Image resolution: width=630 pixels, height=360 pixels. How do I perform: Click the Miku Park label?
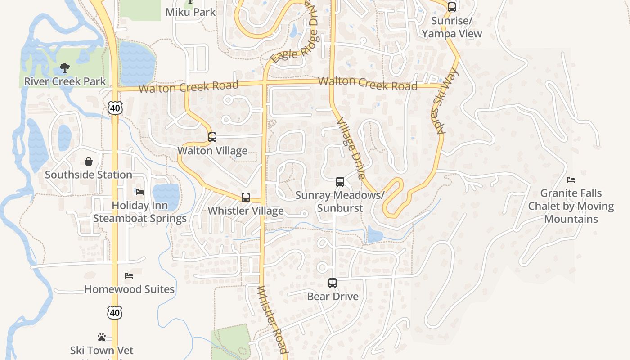pos(191,12)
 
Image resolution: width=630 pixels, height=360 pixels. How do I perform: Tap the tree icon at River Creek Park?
pos(65,68)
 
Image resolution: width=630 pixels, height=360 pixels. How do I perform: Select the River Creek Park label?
pos(65,81)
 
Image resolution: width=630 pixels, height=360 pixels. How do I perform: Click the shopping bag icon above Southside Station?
pos(89,162)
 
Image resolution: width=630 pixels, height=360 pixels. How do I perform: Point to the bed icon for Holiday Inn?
pos(140,192)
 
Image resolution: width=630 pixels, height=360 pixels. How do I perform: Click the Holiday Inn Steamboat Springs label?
pos(140,212)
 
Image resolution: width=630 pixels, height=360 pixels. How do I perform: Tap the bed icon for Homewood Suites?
pos(129,276)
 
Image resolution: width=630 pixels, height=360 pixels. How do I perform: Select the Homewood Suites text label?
pos(130,289)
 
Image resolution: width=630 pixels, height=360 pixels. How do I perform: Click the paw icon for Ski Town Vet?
pos(102,337)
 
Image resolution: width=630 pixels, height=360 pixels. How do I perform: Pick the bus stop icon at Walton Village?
pos(212,137)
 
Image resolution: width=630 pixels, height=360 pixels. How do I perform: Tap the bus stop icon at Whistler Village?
pos(246,198)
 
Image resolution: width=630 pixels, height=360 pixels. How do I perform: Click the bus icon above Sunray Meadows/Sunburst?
pos(340,182)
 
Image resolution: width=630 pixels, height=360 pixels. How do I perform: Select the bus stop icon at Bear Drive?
pos(333,283)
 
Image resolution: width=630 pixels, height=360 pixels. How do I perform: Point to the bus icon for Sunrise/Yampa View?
pos(451,7)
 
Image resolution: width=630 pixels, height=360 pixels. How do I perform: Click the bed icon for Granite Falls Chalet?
pos(571,180)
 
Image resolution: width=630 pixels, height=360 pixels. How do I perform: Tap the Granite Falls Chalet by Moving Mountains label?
pos(571,206)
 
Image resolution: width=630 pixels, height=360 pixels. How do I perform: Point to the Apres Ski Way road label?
pos(447,101)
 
